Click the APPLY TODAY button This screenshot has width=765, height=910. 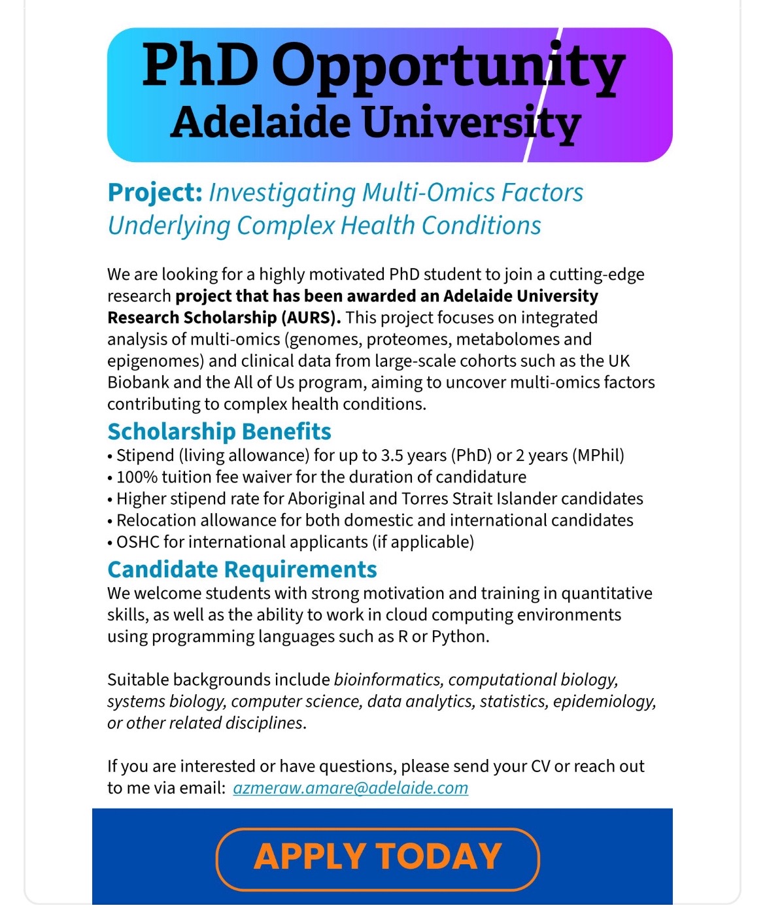[377, 858]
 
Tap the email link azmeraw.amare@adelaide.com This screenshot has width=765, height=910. [350, 788]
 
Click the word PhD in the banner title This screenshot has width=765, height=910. [200, 66]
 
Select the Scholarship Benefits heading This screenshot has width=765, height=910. [219, 431]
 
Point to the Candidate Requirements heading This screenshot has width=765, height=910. [242, 569]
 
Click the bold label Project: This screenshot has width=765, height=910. [155, 193]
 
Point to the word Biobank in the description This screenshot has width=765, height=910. [135, 382]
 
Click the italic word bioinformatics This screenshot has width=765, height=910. [387, 680]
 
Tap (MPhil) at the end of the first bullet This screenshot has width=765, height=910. [598, 455]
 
